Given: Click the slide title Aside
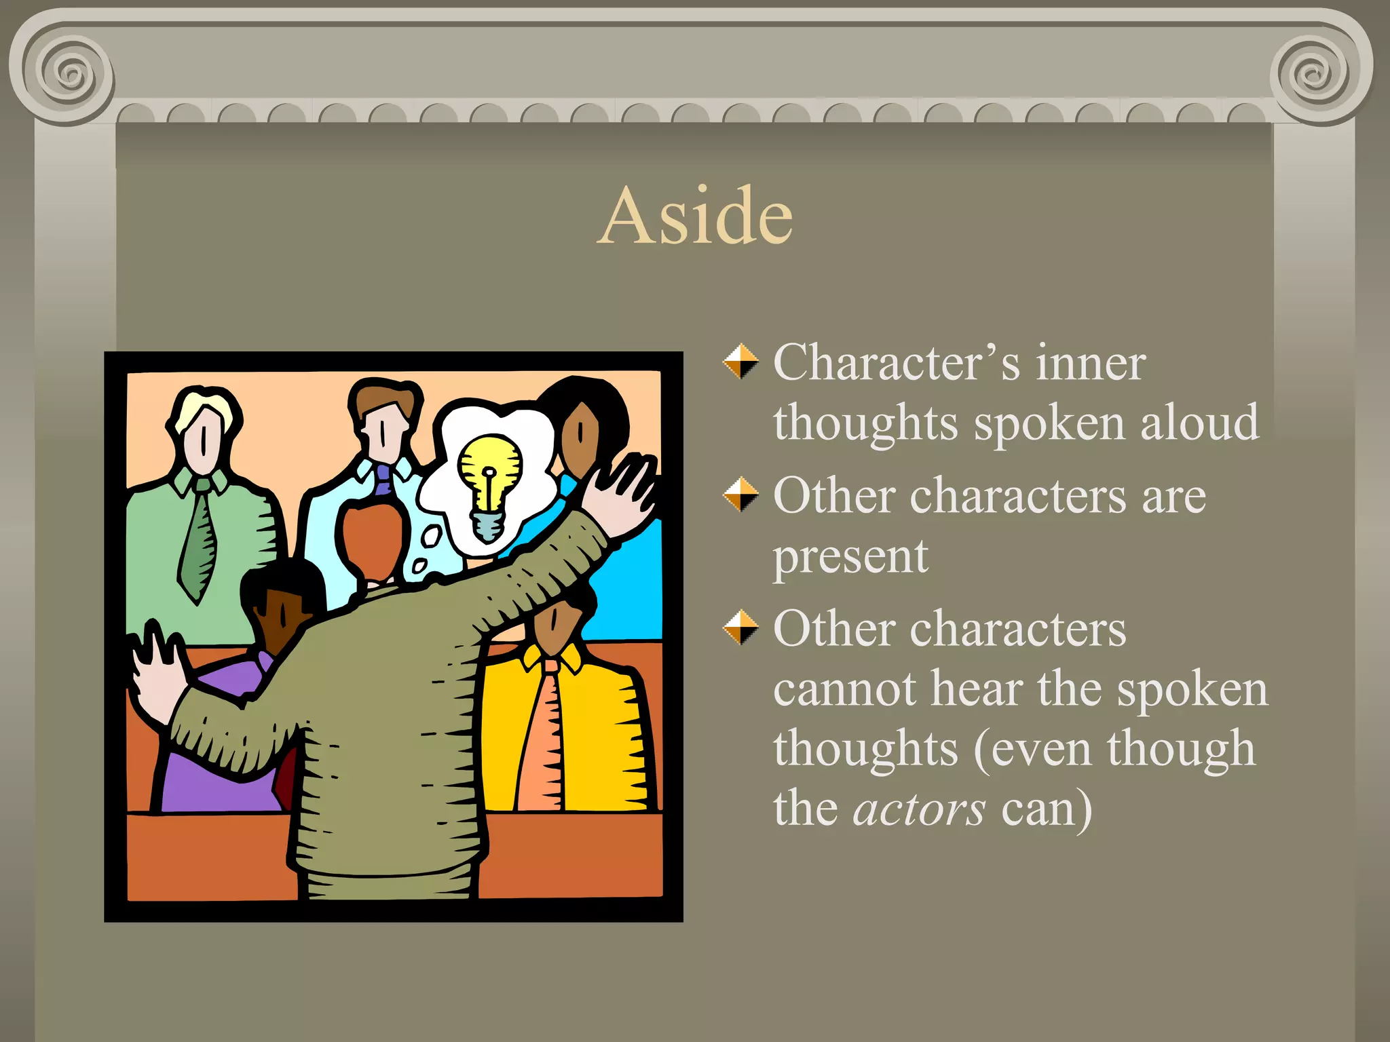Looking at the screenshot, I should (697, 216).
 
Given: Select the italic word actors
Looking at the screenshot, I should (918, 809).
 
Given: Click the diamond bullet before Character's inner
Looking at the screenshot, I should (740, 361).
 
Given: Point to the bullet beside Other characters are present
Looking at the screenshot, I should (740, 495).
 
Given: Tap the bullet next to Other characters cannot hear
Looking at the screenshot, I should (740, 628).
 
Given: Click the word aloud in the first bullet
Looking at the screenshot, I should (1199, 422).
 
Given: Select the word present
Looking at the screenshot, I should (850, 556).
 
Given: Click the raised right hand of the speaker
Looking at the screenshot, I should (621, 495).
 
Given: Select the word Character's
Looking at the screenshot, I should (896, 362).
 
